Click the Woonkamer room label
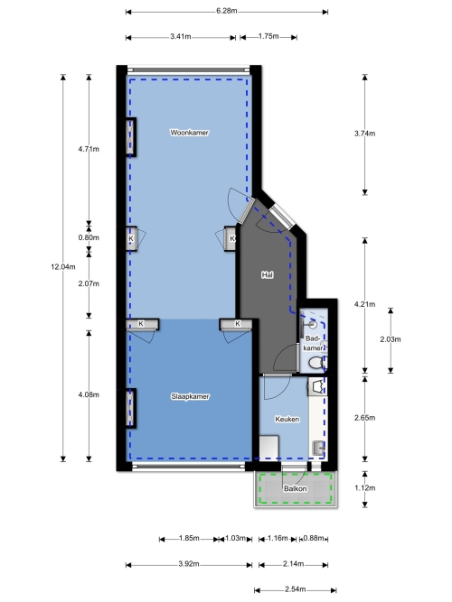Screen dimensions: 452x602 coord(189,133)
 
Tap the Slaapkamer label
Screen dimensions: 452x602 coord(190,396)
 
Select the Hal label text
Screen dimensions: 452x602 coord(268,274)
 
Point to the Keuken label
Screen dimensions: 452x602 coord(287,420)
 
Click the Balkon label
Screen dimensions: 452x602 coord(296,488)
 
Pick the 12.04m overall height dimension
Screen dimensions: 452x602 coord(63,266)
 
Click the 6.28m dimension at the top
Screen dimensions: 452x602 coord(227,11)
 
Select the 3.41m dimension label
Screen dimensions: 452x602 coord(181,37)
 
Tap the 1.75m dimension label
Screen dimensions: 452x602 coord(268,36)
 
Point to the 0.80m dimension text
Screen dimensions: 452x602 coord(89,237)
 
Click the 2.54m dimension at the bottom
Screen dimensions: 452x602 coord(296,589)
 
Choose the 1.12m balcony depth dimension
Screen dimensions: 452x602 coord(364,488)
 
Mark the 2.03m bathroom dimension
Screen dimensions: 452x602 coord(391,339)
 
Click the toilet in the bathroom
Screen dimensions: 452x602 coord(316,363)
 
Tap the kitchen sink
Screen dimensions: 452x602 coord(319,448)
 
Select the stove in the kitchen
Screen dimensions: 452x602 coord(317,386)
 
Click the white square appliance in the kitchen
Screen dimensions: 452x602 coord(268,447)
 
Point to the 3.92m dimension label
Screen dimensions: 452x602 coord(189,564)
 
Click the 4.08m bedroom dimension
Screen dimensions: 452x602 coord(89,394)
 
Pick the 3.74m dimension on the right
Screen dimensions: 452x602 coord(364,134)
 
